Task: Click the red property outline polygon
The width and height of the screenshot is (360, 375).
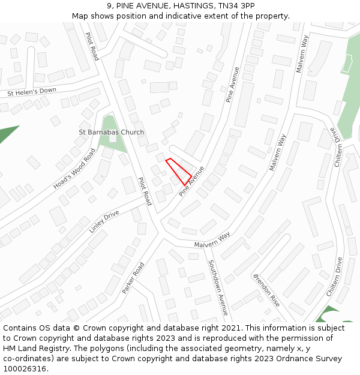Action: click(x=179, y=172)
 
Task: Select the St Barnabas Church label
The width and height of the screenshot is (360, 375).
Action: click(x=112, y=132)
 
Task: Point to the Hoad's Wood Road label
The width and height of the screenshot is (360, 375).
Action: click(x=74, y=169)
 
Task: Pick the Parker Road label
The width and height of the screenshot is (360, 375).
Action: click(x=133, y=278)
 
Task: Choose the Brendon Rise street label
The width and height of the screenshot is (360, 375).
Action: click(x=266, y=290)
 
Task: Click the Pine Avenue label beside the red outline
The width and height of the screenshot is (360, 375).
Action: click(x=192, y=181)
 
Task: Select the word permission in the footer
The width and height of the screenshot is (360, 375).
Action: click(x=317, y=338)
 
